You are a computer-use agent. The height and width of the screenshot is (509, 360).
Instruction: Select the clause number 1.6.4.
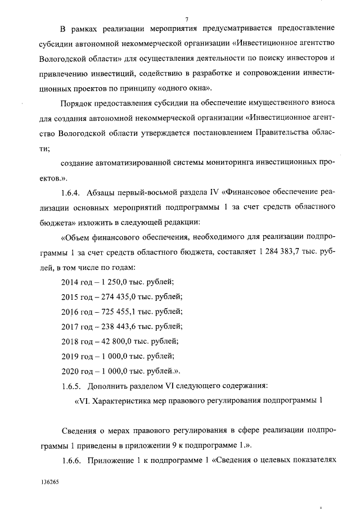(x=73, y=193)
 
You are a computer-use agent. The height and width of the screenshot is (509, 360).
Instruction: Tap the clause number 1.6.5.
(x=73, y=385)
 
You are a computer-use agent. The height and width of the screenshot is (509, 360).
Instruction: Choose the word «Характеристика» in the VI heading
(x=121, y=402)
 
